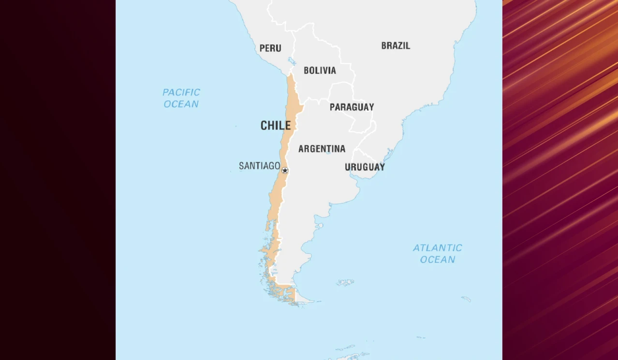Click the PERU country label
click(270, 48)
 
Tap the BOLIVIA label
click(320, 71)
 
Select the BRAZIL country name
click(396, 46)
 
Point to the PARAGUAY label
click(352, 107)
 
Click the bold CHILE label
click(276, 126)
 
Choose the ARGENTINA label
click(322, 149)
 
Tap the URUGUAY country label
click(365, 167)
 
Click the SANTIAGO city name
click(259, 166)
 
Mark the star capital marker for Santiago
click(285, 170)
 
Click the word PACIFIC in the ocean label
click(181, 92)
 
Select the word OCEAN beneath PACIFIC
click(181, 104)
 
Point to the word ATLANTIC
click(438, 248)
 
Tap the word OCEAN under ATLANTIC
click(438, 259)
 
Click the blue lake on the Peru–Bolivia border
click(292, 61)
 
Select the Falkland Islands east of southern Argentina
click(346, 282)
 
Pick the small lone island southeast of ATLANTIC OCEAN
click(466, 299)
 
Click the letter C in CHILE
click(264, 126)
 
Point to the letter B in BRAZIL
click(384, 46)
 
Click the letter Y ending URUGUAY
click(382, 167)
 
